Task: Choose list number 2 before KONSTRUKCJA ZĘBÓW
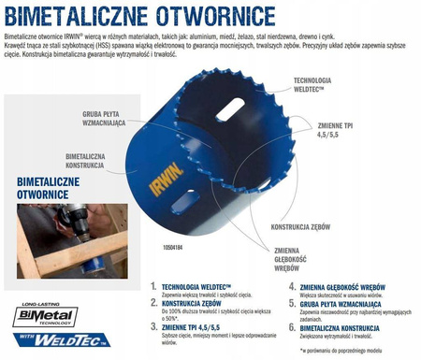[x=153, y=302]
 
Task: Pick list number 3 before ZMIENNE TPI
[x=153, y=327]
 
